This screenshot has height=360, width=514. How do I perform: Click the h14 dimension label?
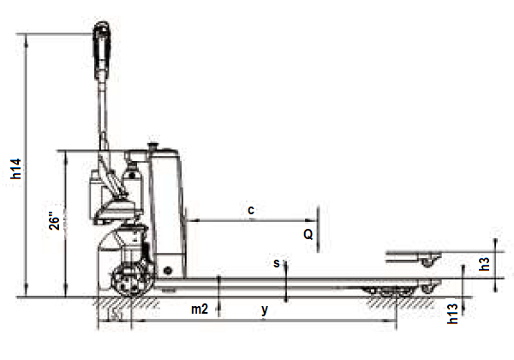[16, 169]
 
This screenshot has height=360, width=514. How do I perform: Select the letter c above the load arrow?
[251, 210]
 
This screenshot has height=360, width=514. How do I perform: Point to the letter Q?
[308, 234]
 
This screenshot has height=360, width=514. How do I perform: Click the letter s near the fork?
[277, 263]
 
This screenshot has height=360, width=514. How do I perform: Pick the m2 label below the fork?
[200, 309]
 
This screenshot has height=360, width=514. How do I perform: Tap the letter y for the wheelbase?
[265, 309]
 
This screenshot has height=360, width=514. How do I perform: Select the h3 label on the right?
[485, 264]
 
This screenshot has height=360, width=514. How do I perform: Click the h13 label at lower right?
[452, 314]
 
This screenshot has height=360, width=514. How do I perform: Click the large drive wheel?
[133, 280]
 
